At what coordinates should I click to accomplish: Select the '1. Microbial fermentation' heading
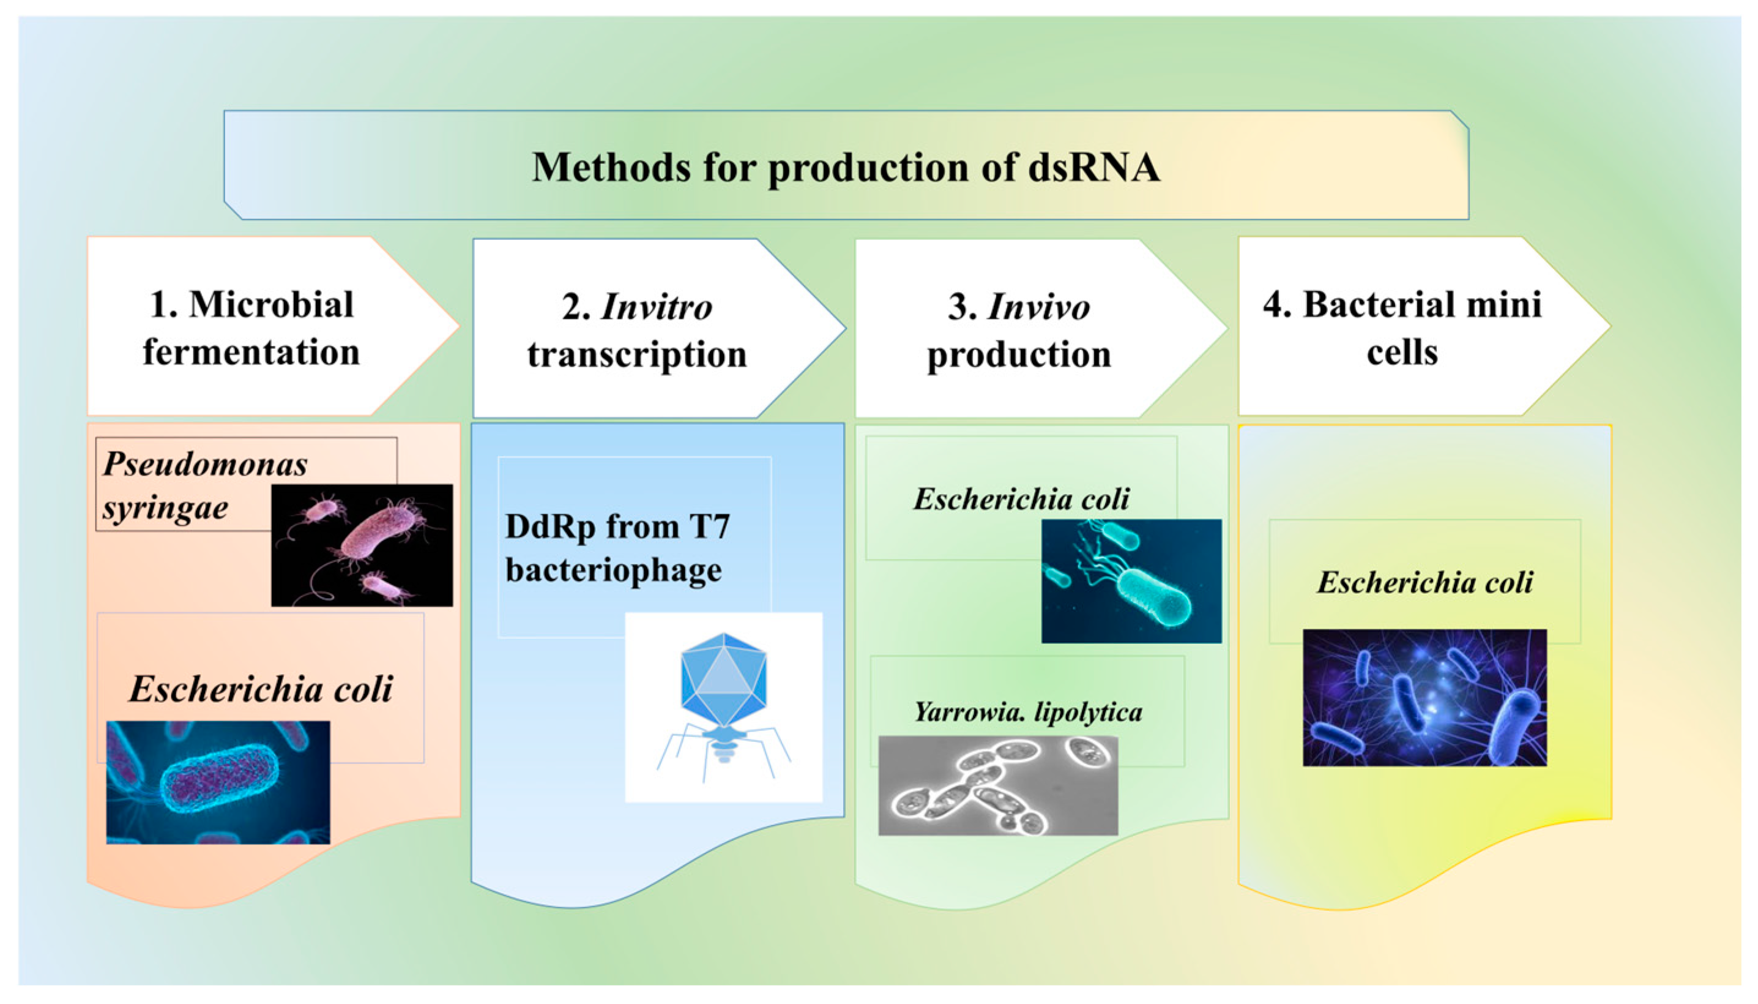(251, 328)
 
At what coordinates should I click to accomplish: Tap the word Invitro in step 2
(656, 307)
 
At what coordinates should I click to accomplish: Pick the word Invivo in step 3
(1038, 307)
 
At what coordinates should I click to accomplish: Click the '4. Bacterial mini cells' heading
(1402, 328)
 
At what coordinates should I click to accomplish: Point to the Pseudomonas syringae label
(204, 485)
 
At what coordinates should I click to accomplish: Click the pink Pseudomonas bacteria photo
(362, 545)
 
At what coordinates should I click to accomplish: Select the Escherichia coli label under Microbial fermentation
(261, 688)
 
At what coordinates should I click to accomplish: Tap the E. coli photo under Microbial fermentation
(218, 782)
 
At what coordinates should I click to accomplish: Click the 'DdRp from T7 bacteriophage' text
(617, 547)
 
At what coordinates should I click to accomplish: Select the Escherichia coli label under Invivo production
(1021, 499)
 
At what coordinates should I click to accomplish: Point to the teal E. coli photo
(1131, 580)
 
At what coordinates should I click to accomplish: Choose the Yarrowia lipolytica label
(1027, 711)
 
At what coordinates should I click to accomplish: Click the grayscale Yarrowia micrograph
(997, 785)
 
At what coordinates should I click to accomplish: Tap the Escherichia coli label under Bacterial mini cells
(1425, 582)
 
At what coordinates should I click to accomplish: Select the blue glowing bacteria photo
(1424, 697)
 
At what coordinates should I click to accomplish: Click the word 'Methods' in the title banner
(611, 167)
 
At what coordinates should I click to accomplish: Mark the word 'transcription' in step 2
(637, 354)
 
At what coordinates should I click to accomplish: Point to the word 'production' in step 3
(1019, 354)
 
